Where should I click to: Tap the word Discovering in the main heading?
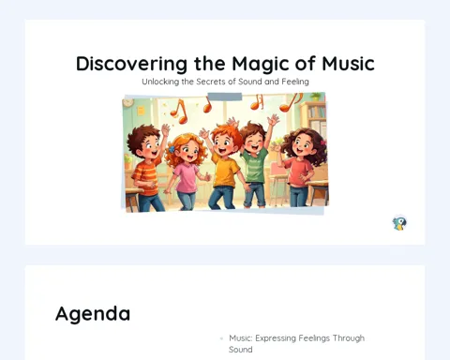(131, 65)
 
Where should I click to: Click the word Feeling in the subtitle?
(295, 82)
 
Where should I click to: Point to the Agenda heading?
(93, 314)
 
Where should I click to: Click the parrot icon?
(399, 223)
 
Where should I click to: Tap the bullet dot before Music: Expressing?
(221, 338)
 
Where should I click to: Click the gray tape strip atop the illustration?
(225, 97)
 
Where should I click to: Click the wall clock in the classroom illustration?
(128, 102)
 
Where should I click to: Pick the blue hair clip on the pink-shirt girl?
(172, 149)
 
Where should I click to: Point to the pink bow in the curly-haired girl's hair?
(323, 142)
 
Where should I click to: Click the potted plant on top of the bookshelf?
(316, 97)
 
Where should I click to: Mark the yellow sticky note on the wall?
(141, 111)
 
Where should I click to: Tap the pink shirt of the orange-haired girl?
(187, 177)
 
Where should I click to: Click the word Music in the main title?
(348, 64)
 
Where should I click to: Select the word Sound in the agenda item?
(240, 350)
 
